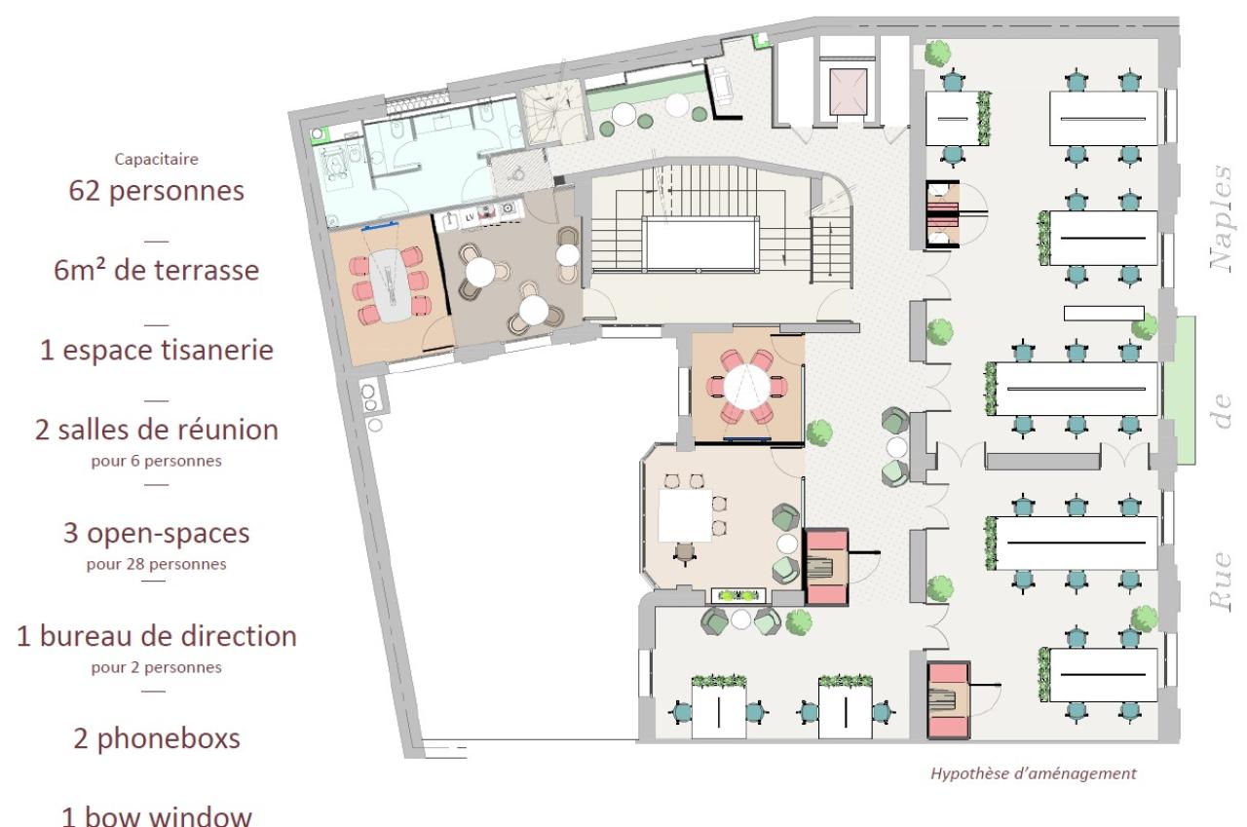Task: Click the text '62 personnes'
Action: tap(157, 191)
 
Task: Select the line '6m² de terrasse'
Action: tap(157, 271)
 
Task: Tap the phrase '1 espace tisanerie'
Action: tap(157, 350)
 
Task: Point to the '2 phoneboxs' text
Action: tap(157, 739)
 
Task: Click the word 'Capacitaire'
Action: tap(157, 159)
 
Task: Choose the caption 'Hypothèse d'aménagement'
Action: tap(1034, 773)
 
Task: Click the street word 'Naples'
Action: tap(1222, 217)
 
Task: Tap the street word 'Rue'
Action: tap(1221, 582)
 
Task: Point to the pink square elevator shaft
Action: tap(848, 92)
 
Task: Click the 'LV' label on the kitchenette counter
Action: tap(470, 217)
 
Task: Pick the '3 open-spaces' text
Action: tap(157, 533)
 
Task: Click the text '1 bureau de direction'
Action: tap(157, 636)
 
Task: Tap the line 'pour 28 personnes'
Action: tap(157, 564)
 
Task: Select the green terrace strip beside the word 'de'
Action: tap(1180, 390)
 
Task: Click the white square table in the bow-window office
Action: tap(685, 515)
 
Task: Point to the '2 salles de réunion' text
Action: tap(157, 431)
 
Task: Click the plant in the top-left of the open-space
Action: tap(937, 53)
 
